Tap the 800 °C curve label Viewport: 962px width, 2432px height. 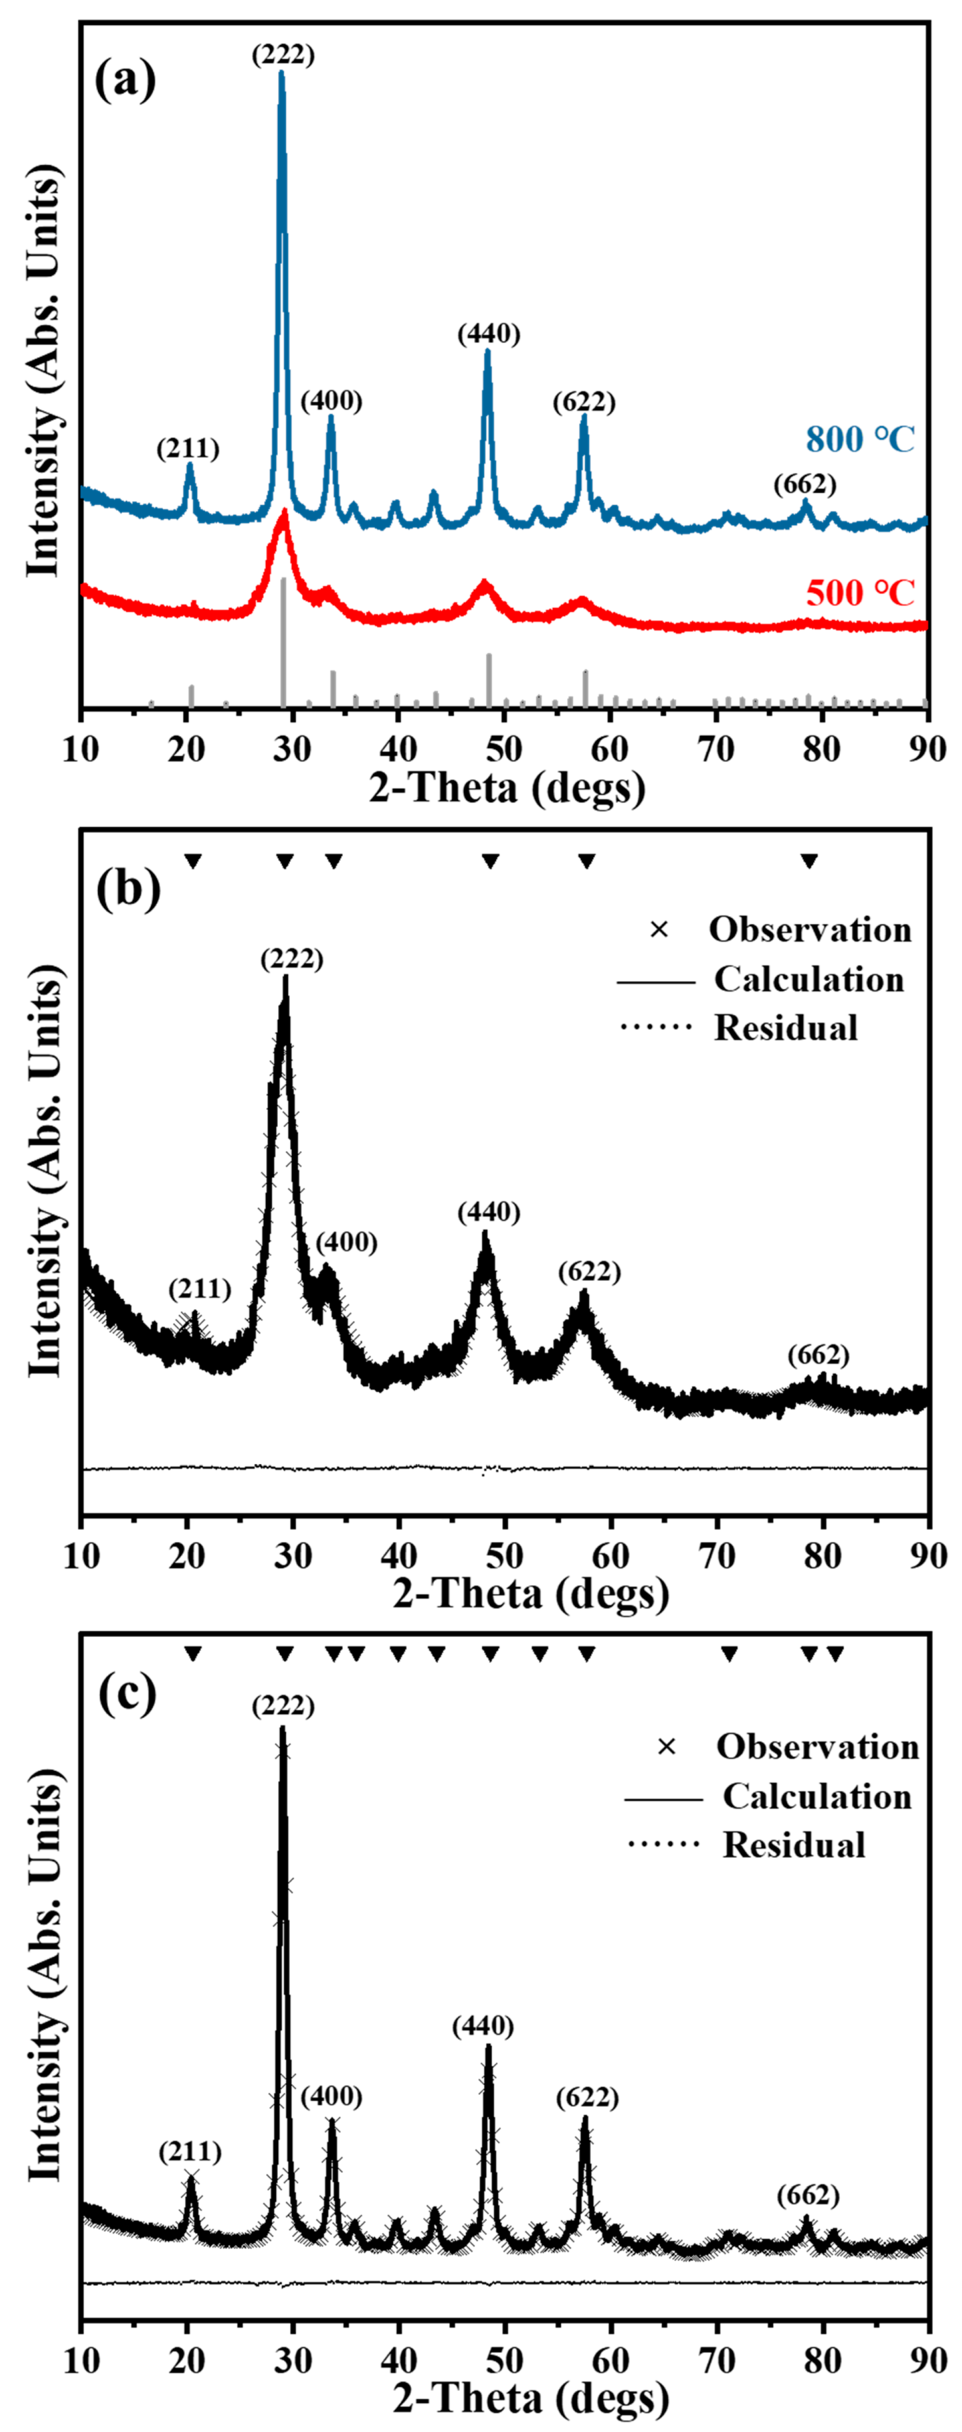click(x=859, y=439)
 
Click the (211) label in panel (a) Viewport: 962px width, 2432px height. click(x=188, y=448)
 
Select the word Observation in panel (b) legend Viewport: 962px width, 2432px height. click(x=810, y=930)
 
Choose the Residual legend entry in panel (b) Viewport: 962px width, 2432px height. click(x=785, y=1028)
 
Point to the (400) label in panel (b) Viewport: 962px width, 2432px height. click(x=347, y=1242)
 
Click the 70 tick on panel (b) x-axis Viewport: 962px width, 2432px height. click(x=717, y=1555)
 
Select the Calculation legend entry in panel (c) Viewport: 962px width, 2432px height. click(x=817, y=1797)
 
